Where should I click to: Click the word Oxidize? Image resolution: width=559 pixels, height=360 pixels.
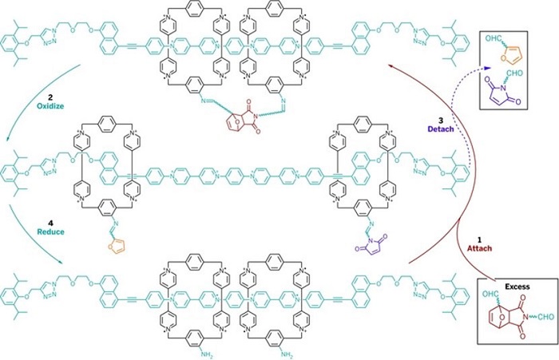coord(50,106)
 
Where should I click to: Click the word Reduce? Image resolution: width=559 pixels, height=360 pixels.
coord(51,231)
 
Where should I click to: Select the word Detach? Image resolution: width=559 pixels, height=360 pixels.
coord(441,129)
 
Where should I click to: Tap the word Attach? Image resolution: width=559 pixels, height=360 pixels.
coord(479,248)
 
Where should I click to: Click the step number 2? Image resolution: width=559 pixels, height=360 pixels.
coord(50,97)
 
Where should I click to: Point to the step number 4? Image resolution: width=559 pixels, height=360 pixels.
coord(50,224)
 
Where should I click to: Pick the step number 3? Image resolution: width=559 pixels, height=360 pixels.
coord(441,121)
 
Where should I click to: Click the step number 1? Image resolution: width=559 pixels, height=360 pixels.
coord(479,240)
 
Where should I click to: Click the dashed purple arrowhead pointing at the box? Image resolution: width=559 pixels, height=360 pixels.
coord(488,67)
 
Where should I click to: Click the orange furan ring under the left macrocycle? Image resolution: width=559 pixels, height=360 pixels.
coord(117,247)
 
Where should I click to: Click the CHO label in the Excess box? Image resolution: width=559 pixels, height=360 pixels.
coord(545,317)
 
